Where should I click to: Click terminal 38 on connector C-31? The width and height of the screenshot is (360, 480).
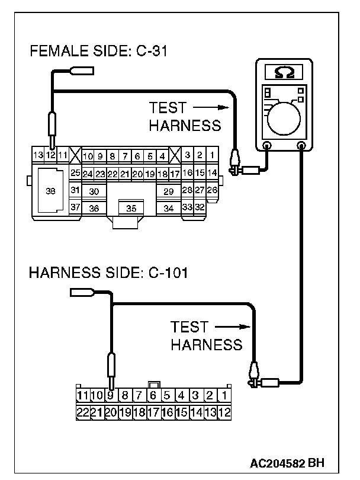[x=50, y=191]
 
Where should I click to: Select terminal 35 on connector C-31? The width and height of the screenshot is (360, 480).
[x=131, y=208]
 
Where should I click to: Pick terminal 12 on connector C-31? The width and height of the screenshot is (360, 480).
[x=51, y=155]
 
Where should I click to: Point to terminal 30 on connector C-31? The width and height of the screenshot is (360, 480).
[x=94, y=191]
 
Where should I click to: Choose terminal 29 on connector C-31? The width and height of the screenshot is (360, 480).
[x=169, y=191]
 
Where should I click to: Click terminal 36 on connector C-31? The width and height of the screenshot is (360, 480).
[x=94, y=208]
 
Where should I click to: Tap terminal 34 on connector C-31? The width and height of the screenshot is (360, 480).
[x=169, y=208]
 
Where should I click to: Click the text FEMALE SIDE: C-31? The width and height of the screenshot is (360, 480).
[x=99, y=52]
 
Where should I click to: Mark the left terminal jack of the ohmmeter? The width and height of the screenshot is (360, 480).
[x=266, y=145]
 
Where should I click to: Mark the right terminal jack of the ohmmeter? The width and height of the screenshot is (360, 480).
[x=301, y=145]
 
